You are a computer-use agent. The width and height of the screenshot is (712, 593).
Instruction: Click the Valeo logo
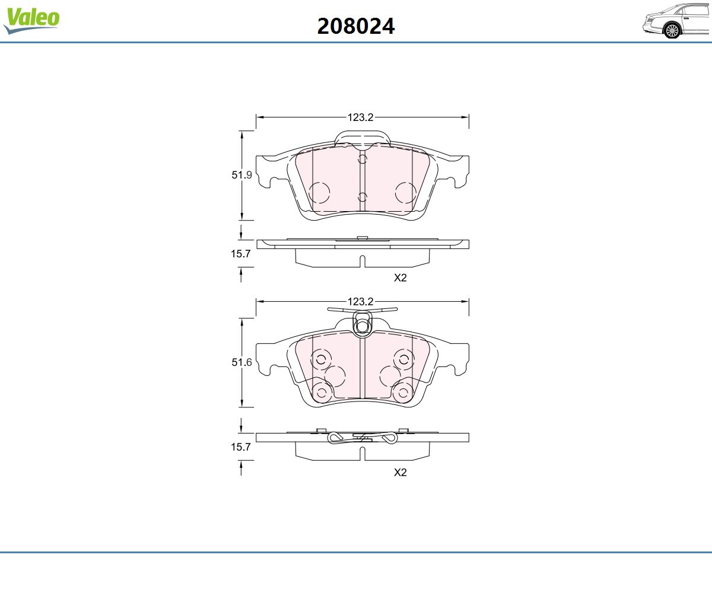click(x=31, y=20)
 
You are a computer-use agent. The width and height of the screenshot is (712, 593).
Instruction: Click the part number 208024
click(x=355, y=26)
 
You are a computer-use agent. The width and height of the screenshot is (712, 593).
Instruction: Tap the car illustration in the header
click(x=677, y=21)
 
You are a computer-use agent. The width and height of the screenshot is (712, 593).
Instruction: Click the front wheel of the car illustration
click(x=672, y=31)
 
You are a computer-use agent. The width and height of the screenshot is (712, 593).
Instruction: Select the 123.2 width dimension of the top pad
click(x=360, y=117)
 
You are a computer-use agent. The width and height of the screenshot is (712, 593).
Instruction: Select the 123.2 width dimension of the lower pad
click(x=360, y=302)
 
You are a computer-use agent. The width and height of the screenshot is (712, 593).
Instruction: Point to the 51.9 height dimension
click(x=241, y=175)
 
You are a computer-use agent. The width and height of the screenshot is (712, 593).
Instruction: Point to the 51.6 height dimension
click(x=241, y=362)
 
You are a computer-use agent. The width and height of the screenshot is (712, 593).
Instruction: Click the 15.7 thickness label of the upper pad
click(x=241, y=254)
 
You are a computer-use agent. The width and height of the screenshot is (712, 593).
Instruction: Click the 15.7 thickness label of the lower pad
click(x=241, y=447)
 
